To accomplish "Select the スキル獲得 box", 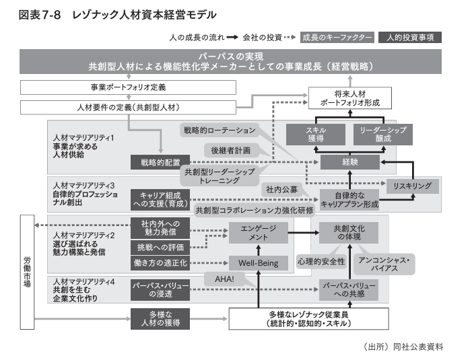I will [316, 135].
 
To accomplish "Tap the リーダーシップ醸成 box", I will [380, 135].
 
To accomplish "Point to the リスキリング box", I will [411, 184].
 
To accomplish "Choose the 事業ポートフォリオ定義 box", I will [128, 87].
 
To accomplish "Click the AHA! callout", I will [224, 279].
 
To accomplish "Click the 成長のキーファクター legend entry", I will [337, 37].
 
